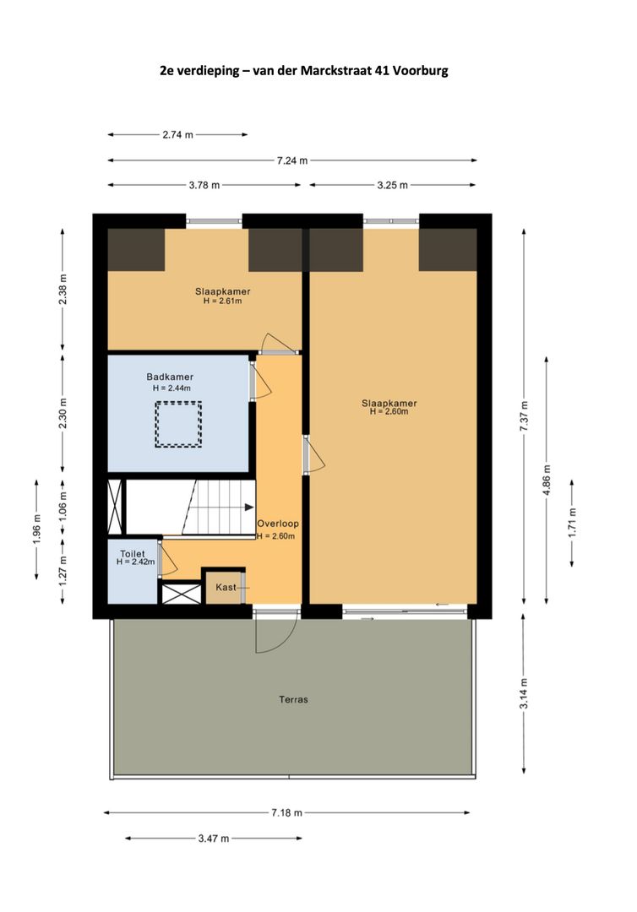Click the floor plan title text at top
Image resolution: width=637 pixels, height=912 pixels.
pyautogui.click(x=304, y=71)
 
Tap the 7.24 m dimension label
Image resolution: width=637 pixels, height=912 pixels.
pyautogui.click(x=292, y=160)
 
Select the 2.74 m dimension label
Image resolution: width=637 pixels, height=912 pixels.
pyautogui.click(x=177, y=134)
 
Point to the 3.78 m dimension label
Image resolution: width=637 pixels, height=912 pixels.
pyautogui.click(x=204, y=186)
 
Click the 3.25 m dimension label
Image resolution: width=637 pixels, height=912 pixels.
pyautogui.click(x=392, y=186)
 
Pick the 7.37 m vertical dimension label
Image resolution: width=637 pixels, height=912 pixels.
pyautogui.click(x=524, y=417)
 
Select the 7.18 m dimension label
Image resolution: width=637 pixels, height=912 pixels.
pyautogui.click(x=286, y=812)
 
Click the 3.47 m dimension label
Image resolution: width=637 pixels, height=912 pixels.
pyautogui.click(x=212, y=839)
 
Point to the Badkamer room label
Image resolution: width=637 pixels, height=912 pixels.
pyautogui.click(x=170, y=377)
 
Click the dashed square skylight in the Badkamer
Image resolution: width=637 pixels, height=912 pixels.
pyautogui.click(x=177, y=425)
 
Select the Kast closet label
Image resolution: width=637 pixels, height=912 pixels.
pyautogui.click(x=226, y=587)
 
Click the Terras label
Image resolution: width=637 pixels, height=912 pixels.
pyautogui.click(x=293, y=699)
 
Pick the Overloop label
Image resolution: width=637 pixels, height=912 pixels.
pyautogui.click(x=278, y=524)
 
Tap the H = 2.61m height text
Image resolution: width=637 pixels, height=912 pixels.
pyautogui.click(x=222, y=301)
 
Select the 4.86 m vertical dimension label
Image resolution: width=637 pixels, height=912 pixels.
pyautogui.click(x=548, y=480)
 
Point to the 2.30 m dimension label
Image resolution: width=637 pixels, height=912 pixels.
pyautogui.click(x=63, y=412)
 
